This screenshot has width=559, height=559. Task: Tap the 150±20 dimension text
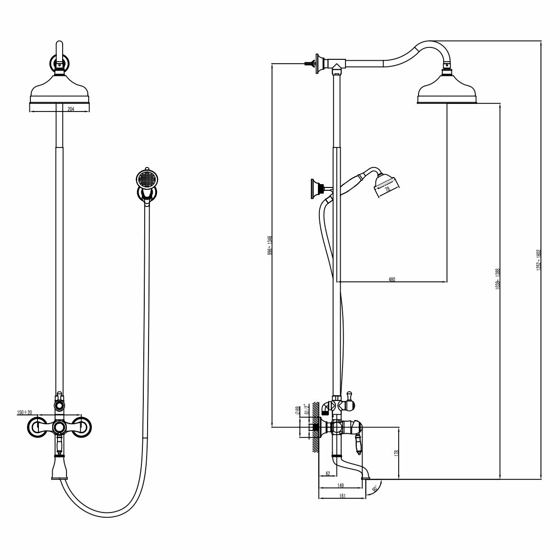24,412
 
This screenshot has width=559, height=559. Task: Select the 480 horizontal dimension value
391,279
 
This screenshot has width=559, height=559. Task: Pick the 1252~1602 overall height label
539,261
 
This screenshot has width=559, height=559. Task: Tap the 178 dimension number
396,453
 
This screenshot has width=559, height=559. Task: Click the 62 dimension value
327,474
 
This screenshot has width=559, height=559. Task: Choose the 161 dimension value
343,496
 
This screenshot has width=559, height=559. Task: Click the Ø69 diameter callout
298,410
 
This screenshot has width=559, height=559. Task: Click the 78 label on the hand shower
387,189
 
